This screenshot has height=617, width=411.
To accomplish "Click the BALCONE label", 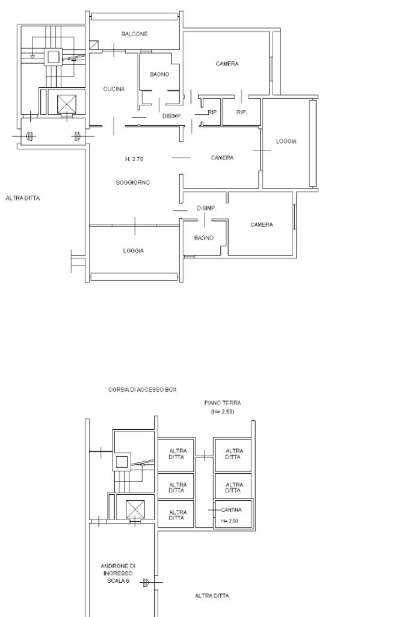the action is (x=135, y=34).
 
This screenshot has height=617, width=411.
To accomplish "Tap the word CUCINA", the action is (x=114, y=89).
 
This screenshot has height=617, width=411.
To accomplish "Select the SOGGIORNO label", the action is (x=133, y=182).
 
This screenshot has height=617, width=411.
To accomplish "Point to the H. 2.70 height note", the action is (x=134, y=159).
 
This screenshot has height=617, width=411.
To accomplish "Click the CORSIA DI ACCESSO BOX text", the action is (x=142, y=389).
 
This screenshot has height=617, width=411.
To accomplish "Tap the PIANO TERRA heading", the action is (x=223, y=403).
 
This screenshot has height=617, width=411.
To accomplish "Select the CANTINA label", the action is (x=231, y=510).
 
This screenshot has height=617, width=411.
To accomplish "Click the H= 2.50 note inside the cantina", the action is (x=230, y=521).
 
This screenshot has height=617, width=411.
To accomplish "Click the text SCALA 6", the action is (x=119, y=581).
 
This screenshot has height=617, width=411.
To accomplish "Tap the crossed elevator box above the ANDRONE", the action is (x=135, y=509).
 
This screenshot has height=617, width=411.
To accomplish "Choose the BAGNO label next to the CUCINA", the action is (x=159, y=75).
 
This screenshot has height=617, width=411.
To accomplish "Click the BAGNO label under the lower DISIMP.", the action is (x=204, y=238).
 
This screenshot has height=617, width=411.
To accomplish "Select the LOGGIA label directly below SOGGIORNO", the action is (x=134, y=250).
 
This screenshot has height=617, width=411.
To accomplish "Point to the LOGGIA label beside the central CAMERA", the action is (x=286, y=141).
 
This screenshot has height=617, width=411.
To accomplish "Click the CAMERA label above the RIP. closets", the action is (x=227, y=64).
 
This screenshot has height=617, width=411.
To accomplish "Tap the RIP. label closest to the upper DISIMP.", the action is (x=212, y=113).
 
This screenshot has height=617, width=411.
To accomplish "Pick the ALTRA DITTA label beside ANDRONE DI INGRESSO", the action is (x=212, y=596).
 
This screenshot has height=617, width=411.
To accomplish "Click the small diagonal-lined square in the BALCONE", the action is (x=94, y=46).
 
